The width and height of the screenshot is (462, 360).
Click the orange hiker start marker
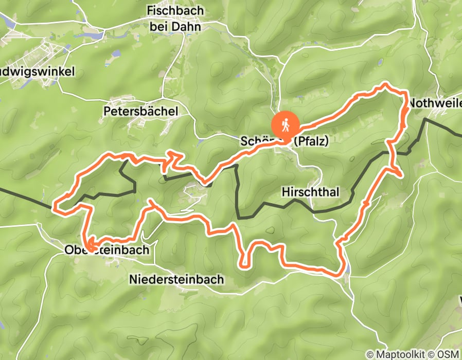point(284,124)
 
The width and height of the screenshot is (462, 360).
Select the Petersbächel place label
point(140,111)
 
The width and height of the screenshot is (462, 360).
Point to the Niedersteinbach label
point(176,280)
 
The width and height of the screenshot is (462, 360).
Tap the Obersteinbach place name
point(106,250)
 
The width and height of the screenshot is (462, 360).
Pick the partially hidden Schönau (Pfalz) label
point(284,141)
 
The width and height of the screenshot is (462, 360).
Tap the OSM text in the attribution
point(449,354)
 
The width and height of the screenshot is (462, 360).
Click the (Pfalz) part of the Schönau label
point(310,141)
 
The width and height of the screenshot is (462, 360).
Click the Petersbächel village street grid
point(135,121)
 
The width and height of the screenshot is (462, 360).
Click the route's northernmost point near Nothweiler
point(385,83)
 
